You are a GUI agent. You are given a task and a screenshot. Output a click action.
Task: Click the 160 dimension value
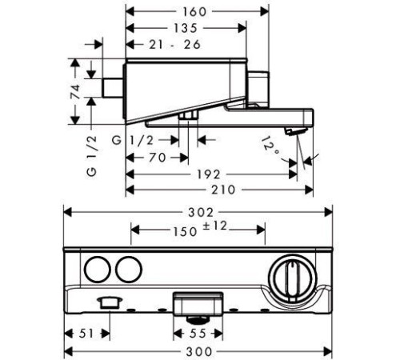(x=194, y=12)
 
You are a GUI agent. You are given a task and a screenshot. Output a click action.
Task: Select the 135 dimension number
(x=186, y=28)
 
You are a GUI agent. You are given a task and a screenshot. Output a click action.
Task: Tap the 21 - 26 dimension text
(x=174, y=45)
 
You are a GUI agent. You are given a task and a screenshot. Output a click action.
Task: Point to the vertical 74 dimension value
(x=75, y=91)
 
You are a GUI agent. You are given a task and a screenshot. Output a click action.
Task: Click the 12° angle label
(x=270, y=147)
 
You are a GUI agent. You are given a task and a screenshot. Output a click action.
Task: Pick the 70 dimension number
(x=158, y=158)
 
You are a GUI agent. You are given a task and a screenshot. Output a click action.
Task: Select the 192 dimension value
(x=209, y=174)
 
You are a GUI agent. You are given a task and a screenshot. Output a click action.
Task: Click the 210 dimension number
(x=223, y=190)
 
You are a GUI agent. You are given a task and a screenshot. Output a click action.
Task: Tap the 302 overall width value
(x=201, y=213)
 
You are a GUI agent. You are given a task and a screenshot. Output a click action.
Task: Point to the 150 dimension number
(x=186, y=231)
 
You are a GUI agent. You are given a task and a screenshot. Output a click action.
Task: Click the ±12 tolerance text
(x=215, y=226)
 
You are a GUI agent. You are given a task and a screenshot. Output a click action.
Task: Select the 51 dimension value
(x=86, y=334)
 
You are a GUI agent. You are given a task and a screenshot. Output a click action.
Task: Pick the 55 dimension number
(x=198, y=334)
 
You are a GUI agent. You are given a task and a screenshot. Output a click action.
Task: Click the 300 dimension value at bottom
(x=199, y=351)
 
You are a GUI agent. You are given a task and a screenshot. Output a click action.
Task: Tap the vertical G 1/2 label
(x=91, y=156)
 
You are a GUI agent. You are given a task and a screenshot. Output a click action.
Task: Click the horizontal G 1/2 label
(x=133, y=140)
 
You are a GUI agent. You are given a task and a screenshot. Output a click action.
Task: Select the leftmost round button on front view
(x=98, y=270)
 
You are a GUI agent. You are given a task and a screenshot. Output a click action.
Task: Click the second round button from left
(x=129, y=270)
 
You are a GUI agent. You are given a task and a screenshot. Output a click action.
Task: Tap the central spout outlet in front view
(x=198, y=304)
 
